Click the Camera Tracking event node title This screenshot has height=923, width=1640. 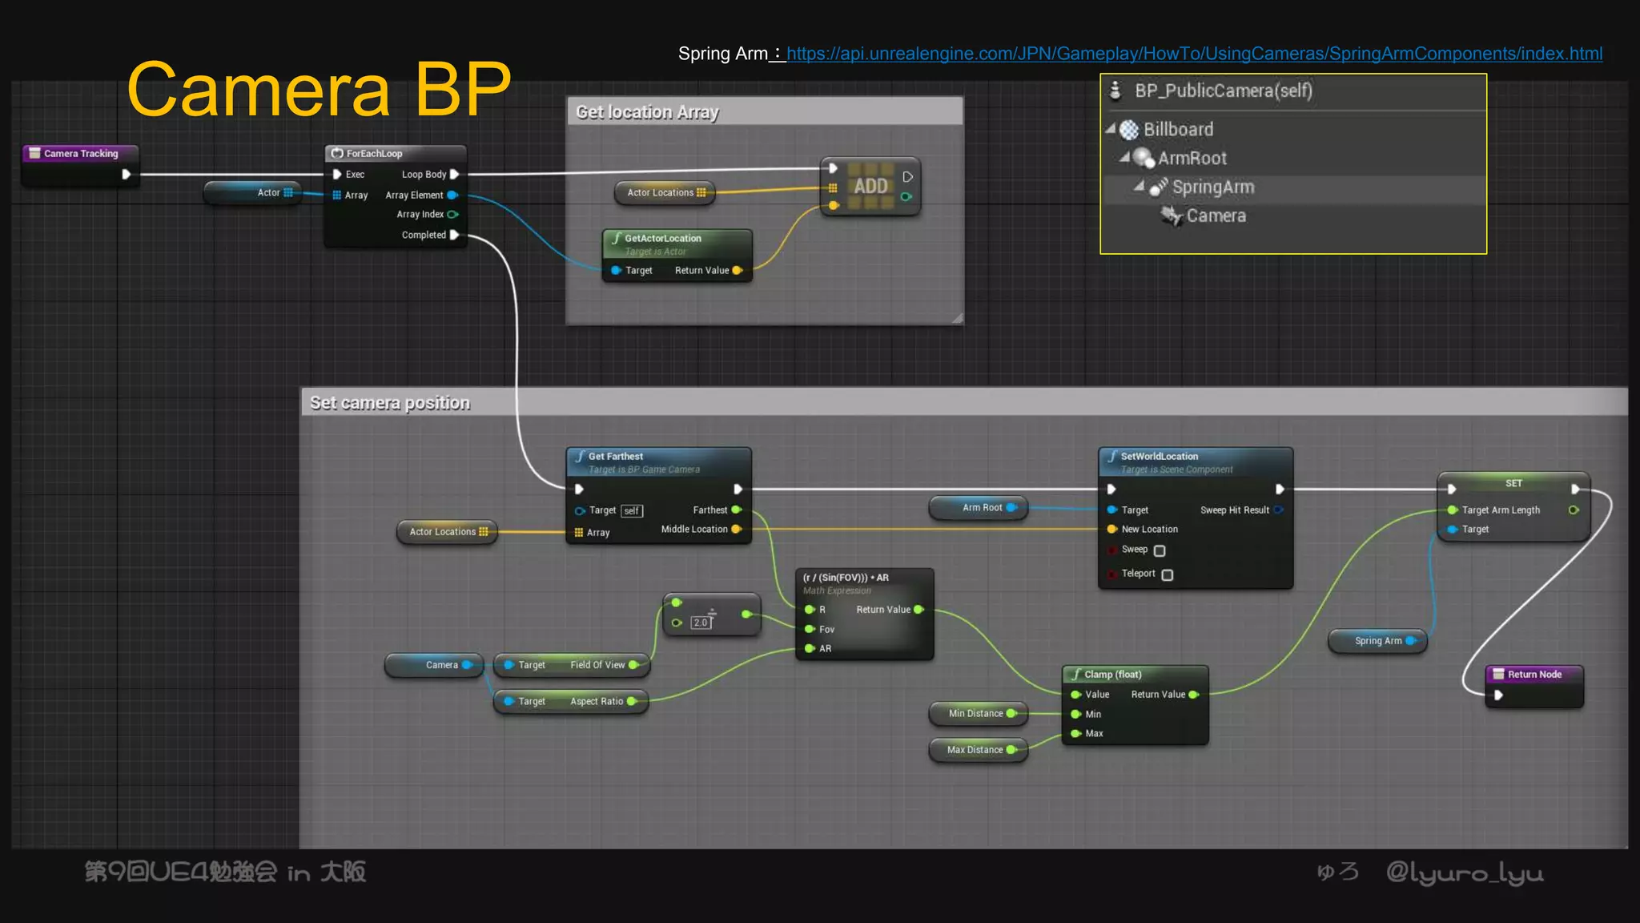point(80,153)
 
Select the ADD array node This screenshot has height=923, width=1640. point(870,186)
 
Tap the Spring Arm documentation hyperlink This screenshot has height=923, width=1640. point(1194,54)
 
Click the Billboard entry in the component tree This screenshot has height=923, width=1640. point(1177,129)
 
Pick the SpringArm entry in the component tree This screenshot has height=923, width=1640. point(1212,187)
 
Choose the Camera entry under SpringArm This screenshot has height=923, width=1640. point(1215,216)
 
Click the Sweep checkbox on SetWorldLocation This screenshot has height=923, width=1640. point(1160,550)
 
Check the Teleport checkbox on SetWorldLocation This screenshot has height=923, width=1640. point(1168,574)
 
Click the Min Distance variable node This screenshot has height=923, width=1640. point(977,713)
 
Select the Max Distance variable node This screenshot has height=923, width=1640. point(976,750)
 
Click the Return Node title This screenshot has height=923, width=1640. point(1533,675)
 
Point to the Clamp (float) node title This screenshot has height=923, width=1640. point(1112,675)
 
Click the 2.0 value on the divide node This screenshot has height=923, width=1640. point(701,623)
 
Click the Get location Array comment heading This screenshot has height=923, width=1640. point(647,112)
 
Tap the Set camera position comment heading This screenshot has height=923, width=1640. point(389,403)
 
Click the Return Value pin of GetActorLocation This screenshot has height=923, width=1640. point(738,271)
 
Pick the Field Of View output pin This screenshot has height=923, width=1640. point(633,665)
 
